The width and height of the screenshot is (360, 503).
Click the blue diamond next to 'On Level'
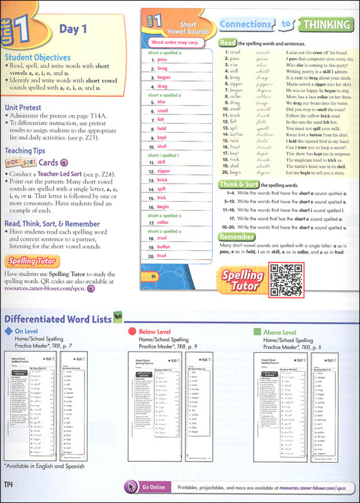tap(8, 331)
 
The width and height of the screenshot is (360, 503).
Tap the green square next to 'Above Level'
tap(256, 331)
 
